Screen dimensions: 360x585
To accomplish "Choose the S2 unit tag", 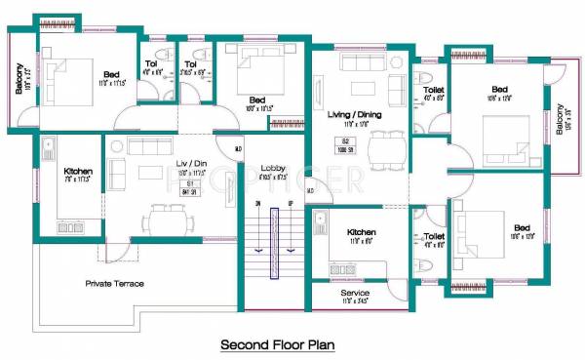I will click(x=344, y=141).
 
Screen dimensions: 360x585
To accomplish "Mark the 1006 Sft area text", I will click(x=344, y=150).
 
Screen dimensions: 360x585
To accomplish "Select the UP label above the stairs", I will click(x=291, y=204).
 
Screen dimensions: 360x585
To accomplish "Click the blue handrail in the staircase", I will click(x=274, y=244).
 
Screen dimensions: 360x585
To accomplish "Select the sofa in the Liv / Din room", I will click(x=116, y=175).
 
